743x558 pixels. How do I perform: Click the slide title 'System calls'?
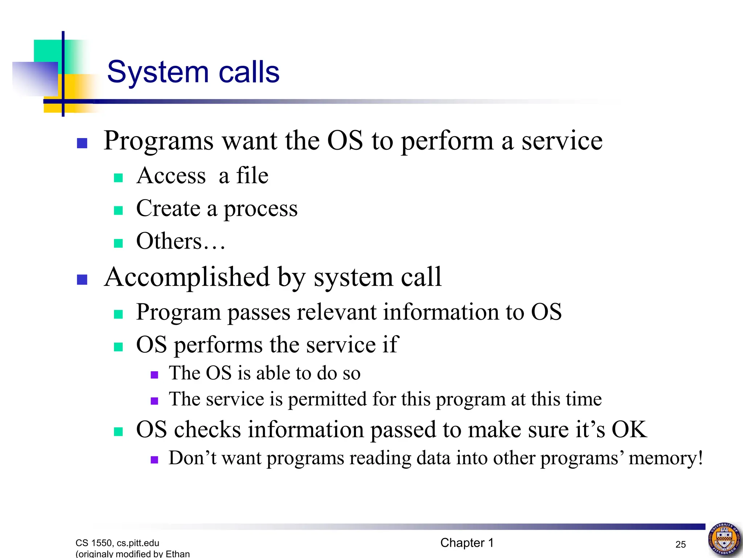pyautogui.click(x=193, y=72)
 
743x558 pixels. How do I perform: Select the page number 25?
pyautogui.click(x=681, y=544)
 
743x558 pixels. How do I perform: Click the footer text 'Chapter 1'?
pyautogui.click(x=467, y=543)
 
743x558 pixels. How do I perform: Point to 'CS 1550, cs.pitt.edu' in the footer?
pyautogui.click(x=117, y=543)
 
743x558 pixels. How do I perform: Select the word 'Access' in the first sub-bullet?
pyautogui.click(x=171, y=176)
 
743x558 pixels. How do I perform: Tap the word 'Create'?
pyautogui.click(x=168, y=209)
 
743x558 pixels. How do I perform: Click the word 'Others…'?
pyautogui.click(x=181, y=241)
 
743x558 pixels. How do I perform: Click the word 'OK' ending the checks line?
pyautogui.click(x=629, y=429)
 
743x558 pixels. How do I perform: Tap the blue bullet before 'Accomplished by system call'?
pyautogui.click(x=82, y=280)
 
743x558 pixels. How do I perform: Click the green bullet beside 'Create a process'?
pyautogui.click(x=118, y=211)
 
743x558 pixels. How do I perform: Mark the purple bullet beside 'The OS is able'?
pyautogui.click(x=155, y=375)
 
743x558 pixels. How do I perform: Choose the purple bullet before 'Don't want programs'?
pyautogui.click(x=155, y=460)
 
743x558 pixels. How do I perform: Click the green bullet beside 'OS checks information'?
pyautogui.click(x=118, y=432)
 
